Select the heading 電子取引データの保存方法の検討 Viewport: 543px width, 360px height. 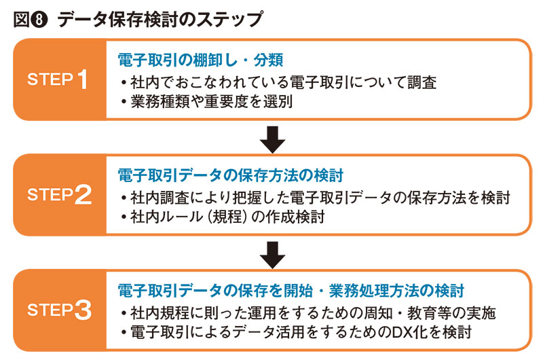click(230, 175)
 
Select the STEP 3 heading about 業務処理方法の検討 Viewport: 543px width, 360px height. click(291, 290)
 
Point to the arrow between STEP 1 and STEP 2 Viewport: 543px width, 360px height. click(272, 139)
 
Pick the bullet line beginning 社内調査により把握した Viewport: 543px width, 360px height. click(314, 198)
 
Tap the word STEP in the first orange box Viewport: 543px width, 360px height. click(50, 79)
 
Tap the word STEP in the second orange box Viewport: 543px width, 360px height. click(50, 195)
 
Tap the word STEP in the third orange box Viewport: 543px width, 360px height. click(50, 311)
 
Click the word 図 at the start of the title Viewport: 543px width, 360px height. click(21, 19)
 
